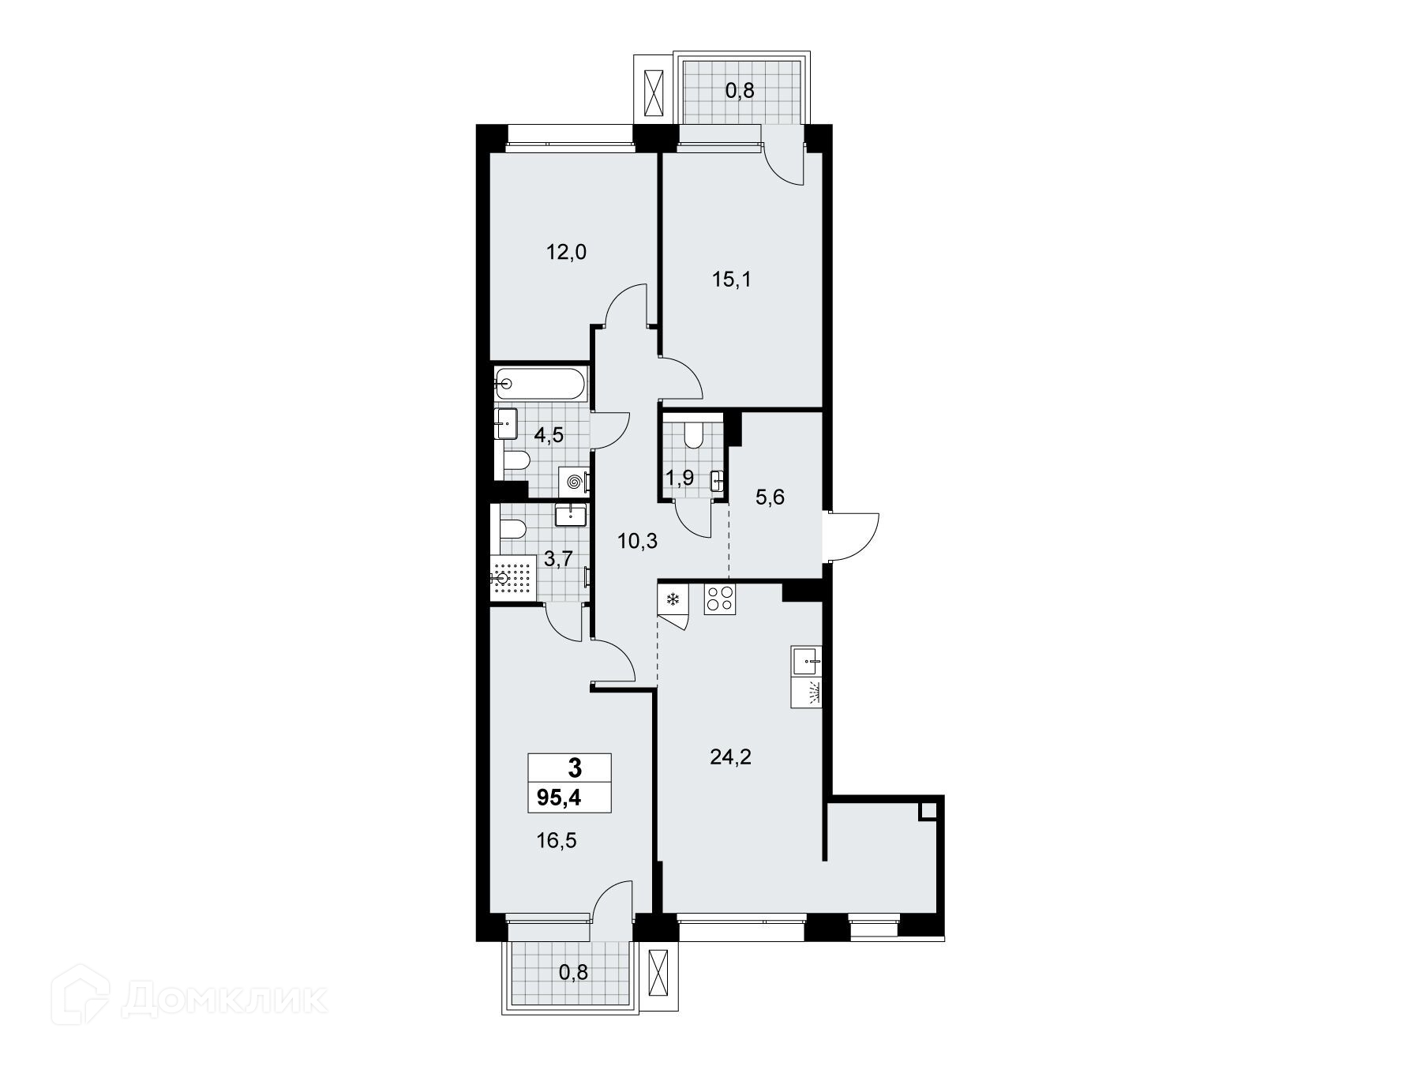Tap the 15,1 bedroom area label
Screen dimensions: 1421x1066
click(731, 280)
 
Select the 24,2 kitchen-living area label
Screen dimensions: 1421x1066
click(731, 758)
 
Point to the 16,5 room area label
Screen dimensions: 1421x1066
click(557, 841)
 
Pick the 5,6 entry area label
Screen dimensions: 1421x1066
click(770, 498)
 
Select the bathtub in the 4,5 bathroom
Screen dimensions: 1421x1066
click(541, 385)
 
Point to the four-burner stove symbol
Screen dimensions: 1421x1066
click(719, 598)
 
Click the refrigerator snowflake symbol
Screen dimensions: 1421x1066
click(673, 599)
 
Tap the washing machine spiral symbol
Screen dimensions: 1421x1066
click(574, 482)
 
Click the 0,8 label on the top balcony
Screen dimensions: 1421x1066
click(740, 91)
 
